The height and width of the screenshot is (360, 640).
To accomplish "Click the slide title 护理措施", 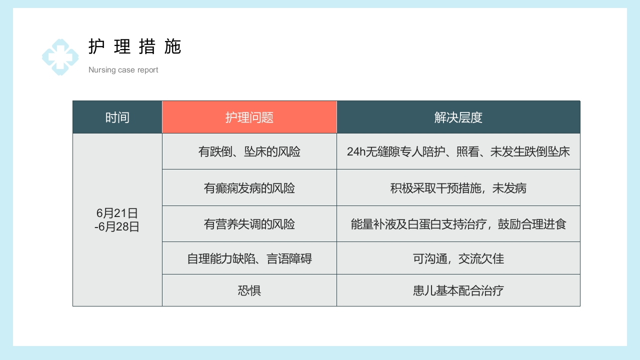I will pyautogui.click(x=134, y=46).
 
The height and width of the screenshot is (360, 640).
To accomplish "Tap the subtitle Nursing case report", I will pyautogui.click(x=123, y=70).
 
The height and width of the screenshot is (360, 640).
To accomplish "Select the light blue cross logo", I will pyautogui.click(x=60, y=57).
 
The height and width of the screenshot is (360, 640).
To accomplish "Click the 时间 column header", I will pyautogui.click(x=117, y=117).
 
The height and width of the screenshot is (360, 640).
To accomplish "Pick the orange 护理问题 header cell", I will pyautogui.click(x=249, y=117).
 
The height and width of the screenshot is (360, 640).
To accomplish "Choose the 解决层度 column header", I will pyautogui.click(x=458, y=117).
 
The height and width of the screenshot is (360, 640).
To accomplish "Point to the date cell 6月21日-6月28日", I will pyautogui.click(x=117, y=220).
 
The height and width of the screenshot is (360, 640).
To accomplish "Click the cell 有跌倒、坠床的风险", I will pyautogui.click(x=249, y=151).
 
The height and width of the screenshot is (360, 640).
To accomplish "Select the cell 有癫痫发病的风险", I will pyautogui.click(x=249, y=188).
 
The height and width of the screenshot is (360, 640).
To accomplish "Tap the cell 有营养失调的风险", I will pyautogui.click(x=249, y=224).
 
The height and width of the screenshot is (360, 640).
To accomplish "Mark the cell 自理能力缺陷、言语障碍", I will pyautogui.click(x=249, y=258).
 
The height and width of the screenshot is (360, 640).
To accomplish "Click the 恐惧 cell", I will pyautogui.click(x=249, y=290).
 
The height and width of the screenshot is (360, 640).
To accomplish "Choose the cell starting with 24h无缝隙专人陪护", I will pyautogui.click(x=458, y=151).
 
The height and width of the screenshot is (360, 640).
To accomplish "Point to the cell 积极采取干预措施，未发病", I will pyautogui.click(x=458, y=188).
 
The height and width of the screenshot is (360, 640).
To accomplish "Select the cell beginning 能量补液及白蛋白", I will pyautogui.click(x=458, y=224).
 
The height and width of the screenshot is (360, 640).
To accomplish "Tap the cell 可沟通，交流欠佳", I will pyautogui.click(x=458, y=258).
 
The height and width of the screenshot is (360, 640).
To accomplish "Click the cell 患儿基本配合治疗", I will pyautogui.click(x=458, y=290).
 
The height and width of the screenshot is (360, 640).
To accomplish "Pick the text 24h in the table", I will pyautogui.click(x=356, y=152).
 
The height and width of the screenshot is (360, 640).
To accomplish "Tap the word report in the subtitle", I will pyautogui.click(x=147, y=70).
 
